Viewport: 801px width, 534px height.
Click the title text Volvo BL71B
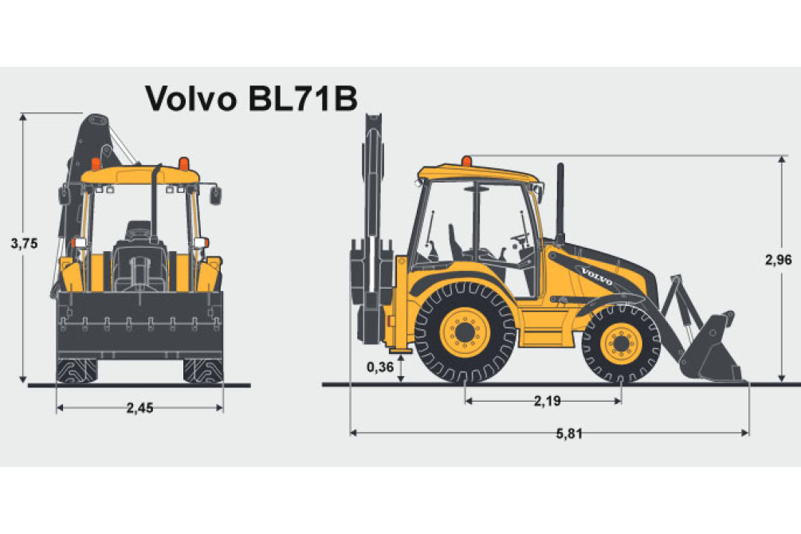click(251, 98)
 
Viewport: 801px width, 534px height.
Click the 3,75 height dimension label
click(25, 244)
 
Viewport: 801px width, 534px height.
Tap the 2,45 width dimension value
click(139, 408)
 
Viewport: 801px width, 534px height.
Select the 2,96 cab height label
click(778, 260)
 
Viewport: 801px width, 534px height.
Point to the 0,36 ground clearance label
click(380, 367)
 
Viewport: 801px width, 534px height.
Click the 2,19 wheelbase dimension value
click(547, 401)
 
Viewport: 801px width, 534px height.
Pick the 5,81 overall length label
click(569, 434)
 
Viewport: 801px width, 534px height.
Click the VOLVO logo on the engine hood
click(597, 276)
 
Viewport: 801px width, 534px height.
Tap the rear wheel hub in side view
click(465, 332)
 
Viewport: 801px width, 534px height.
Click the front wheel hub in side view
click(621, 343)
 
